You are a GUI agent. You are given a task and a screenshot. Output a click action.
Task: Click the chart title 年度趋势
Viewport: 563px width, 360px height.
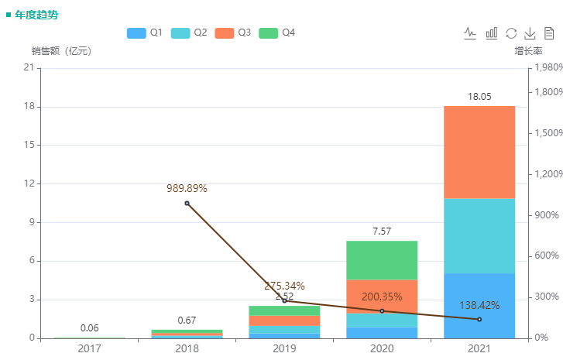pyautogui.click(x=36, y=15)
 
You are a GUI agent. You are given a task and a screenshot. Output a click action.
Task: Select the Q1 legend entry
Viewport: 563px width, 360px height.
pyautogui.click(x=144, y=33)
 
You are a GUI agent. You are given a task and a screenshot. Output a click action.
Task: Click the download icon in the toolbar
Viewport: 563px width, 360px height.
pyautogui.click(x=530, y=33)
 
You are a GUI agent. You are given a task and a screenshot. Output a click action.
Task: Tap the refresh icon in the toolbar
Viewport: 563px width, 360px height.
pyautogui.click(x=511, y=33)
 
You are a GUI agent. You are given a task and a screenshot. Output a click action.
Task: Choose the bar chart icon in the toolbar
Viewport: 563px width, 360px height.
pyautogui.click(x=492, y=33)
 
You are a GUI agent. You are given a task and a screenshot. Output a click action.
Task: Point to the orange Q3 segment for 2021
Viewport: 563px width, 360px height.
pyautogui.click(x=479, y=153)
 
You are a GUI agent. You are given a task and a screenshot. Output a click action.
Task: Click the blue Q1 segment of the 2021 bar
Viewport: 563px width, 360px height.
pyautogui.click(x=479, y=306)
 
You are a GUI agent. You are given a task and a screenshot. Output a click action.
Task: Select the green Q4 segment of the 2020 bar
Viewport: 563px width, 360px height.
pyautogui.click(x=382, y=260)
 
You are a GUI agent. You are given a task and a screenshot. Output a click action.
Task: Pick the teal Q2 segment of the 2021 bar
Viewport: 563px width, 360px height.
pyautogui.click(x=479, y=236)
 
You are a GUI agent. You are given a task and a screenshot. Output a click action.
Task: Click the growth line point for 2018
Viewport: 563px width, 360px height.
pyautogui.click(x=187, y=204)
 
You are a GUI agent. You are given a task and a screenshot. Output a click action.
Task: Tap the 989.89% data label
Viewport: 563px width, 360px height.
pyautogui.click(x=187, y=188)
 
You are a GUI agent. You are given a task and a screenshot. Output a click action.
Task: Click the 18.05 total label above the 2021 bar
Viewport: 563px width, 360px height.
pyautogui.click(x=479, y=97)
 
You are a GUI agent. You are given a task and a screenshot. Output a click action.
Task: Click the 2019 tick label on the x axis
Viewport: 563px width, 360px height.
pyautogui.click(x=284, y=349)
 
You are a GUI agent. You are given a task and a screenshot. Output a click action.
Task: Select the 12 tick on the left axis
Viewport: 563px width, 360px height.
pyautogui.click(x=29, y=183)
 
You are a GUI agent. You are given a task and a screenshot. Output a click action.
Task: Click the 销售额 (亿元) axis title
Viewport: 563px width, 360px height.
pyautogui.click(x=61, y=51)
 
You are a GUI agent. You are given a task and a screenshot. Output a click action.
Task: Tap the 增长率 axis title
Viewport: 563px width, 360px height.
pyautogui.click(x=528, y=51)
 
